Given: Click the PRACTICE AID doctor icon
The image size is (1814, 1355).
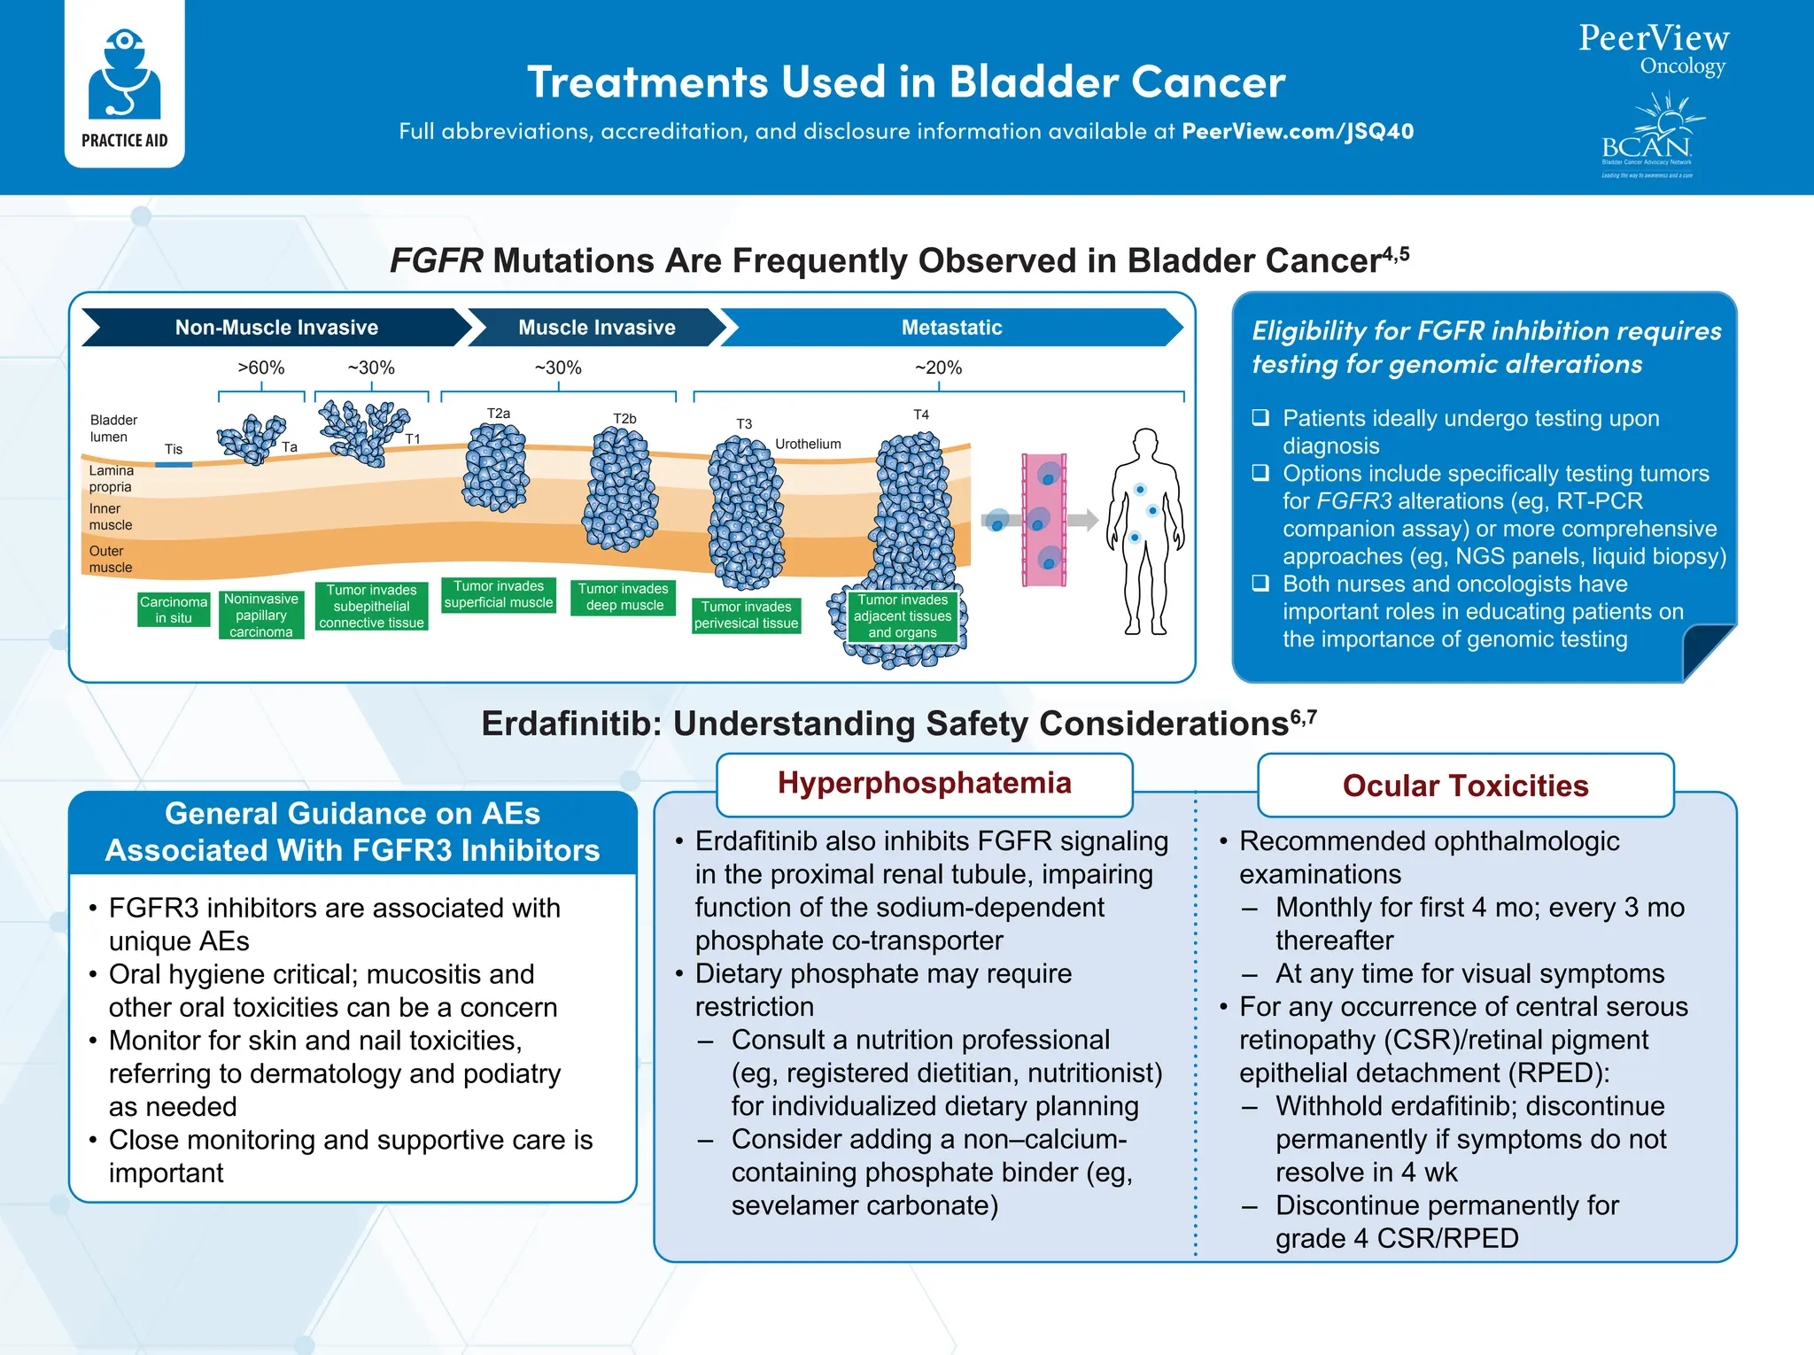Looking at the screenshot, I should pos(124,76).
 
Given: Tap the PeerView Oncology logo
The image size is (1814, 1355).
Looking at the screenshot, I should pos(1653,50).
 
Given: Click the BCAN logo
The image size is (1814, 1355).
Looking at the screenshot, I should pos(1649,137).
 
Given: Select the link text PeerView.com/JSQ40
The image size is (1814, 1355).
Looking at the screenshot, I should pos(1298,131).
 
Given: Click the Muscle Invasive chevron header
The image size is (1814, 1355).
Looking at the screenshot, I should pos(596,328).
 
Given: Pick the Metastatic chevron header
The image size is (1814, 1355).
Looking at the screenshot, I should pos(951,328).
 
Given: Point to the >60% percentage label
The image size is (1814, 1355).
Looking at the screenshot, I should pos(261,368).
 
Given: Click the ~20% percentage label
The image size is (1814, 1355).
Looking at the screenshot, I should pos(938,368).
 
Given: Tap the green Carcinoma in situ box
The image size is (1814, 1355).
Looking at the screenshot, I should pos(174,609).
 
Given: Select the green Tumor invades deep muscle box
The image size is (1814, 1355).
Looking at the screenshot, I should pos(624,597).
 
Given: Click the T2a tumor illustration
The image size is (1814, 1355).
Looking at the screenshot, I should pos(495,468).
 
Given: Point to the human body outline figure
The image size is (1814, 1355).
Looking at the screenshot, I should pos(1145,531).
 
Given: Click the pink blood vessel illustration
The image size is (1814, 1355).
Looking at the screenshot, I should pos(1043,520).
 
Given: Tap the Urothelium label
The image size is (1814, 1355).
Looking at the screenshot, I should pos(808,444).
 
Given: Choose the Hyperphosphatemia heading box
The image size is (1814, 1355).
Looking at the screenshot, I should pos(924,784).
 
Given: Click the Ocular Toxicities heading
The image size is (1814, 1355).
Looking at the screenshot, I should pos(1465,786).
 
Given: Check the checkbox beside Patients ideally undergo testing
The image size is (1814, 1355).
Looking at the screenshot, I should pos(1260,417).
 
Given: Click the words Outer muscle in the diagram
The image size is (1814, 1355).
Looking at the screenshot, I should pos(110,559).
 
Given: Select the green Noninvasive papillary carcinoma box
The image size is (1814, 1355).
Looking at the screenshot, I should pos(261,616).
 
